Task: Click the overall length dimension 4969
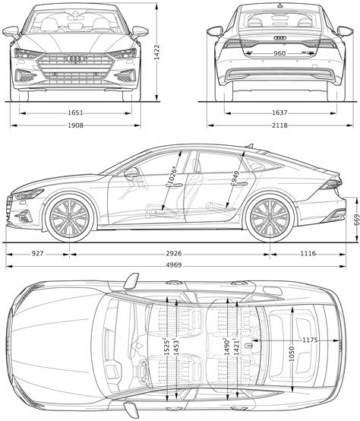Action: coord(174,265)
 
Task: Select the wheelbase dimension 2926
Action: coord(174,253)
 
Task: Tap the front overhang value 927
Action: coord(37,253)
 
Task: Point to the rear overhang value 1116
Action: coord(308,253)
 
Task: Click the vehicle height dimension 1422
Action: coord(156,52)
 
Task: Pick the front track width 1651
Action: coord(75,113)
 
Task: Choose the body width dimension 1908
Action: coord(75,125)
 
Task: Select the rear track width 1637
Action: coord(279,113)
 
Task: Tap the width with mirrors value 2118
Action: coord(279,125)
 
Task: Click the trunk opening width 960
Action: coord(279,53)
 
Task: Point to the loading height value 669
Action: coord(356,220)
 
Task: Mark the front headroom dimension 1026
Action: coord(171,176)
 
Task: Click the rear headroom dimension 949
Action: coord(236,178)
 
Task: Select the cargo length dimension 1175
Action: coord(310,340)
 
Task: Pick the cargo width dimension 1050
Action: coord(292,354)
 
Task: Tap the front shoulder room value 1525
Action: coord(166,348)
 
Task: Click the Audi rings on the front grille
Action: coord(75,59)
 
